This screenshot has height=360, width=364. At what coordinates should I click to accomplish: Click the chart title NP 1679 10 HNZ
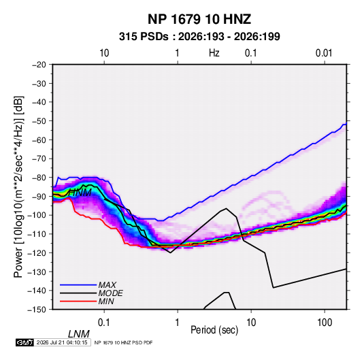click(199, 19)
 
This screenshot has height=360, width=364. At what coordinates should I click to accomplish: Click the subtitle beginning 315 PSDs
click(199, 37)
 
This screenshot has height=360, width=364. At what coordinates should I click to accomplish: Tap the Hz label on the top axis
click(214, 53)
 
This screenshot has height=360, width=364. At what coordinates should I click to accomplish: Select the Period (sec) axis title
click(214, 329)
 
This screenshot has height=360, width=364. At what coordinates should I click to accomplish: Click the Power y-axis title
click(18, 186)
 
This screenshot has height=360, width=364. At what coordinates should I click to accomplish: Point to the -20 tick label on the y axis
click(39, 65)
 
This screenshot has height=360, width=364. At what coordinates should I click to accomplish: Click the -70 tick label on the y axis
click(39, 159)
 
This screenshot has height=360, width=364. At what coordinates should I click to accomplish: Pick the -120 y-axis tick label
click(37, 253)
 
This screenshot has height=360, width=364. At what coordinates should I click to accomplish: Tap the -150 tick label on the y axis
click(37, 310)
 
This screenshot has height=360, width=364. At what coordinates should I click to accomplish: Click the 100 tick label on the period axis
click(325, 322)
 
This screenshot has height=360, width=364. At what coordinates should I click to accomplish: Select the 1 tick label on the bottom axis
click(178, 322)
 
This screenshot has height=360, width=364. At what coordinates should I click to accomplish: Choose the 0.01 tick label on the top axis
click(324, 53)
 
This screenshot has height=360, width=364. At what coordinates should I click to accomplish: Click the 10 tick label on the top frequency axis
click(104, 53)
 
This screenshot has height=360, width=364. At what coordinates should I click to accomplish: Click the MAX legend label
click(107, 285)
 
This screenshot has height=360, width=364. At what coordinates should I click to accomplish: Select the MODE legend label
click(110, 293)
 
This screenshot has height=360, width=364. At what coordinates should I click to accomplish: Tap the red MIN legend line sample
click(78, 301)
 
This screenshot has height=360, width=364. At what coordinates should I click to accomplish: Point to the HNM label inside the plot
click(80, 193)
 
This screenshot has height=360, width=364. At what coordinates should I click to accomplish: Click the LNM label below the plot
click(79, 334)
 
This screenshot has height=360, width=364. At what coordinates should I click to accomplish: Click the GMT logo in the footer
click(25, 342)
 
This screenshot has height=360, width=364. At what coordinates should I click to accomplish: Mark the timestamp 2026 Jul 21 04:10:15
click(62, 342)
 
